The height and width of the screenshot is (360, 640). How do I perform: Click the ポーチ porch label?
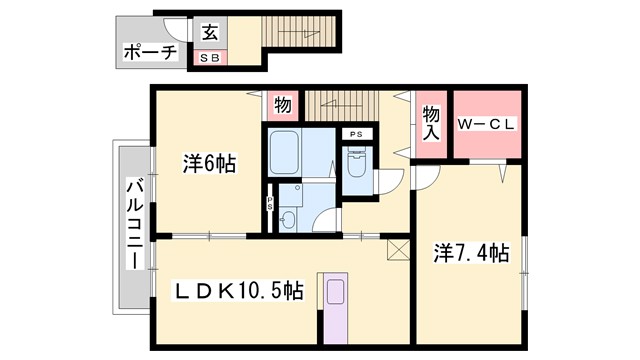point(149,53)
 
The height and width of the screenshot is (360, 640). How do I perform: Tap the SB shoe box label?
point(211,58)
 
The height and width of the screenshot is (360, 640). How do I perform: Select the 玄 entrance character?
point(210,33)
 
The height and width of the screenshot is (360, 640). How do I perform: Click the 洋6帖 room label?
point(209,163)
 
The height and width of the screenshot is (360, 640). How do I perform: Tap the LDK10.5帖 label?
point(240,291)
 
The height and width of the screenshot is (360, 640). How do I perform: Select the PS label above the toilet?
point(356,134)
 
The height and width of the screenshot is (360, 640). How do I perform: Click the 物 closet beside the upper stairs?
point(282,105)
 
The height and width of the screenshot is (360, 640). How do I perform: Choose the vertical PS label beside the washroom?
point(269,200)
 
